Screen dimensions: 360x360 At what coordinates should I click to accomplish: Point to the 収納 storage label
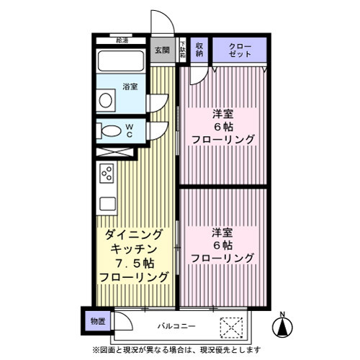tap(199, 49)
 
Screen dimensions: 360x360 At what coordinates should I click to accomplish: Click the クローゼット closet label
tap(240, 49)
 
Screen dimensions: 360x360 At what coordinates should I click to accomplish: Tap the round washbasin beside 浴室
tap(106, 99)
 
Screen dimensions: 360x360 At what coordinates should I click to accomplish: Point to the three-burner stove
tap(106, 174)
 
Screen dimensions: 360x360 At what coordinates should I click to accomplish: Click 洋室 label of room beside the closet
tap(222, 113)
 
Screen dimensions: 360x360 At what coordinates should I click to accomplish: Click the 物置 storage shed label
tap(96, 322)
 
